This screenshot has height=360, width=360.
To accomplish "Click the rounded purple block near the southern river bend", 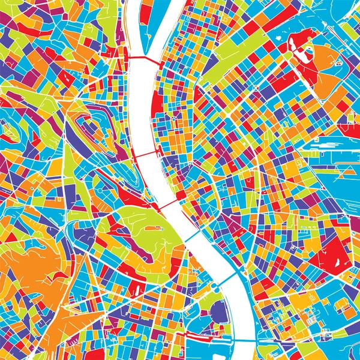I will (x=220, y=312).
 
